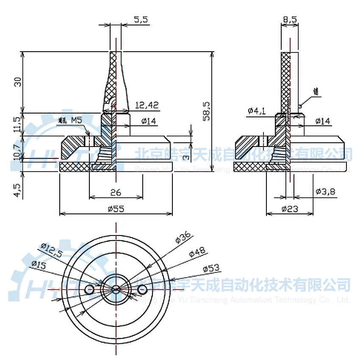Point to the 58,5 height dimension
[x=207, y=111]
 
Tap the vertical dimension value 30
[x=17, y=82]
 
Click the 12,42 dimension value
[x=147, y=105]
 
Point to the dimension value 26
[x=115, y=192]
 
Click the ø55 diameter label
[x=115, y=208]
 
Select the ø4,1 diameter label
[x=257, y=111]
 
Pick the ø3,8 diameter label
[x=325, y=192]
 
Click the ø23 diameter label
[x=289, y=208]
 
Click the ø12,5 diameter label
[x=51, y=250]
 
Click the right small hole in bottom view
[x=142, y=289]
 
